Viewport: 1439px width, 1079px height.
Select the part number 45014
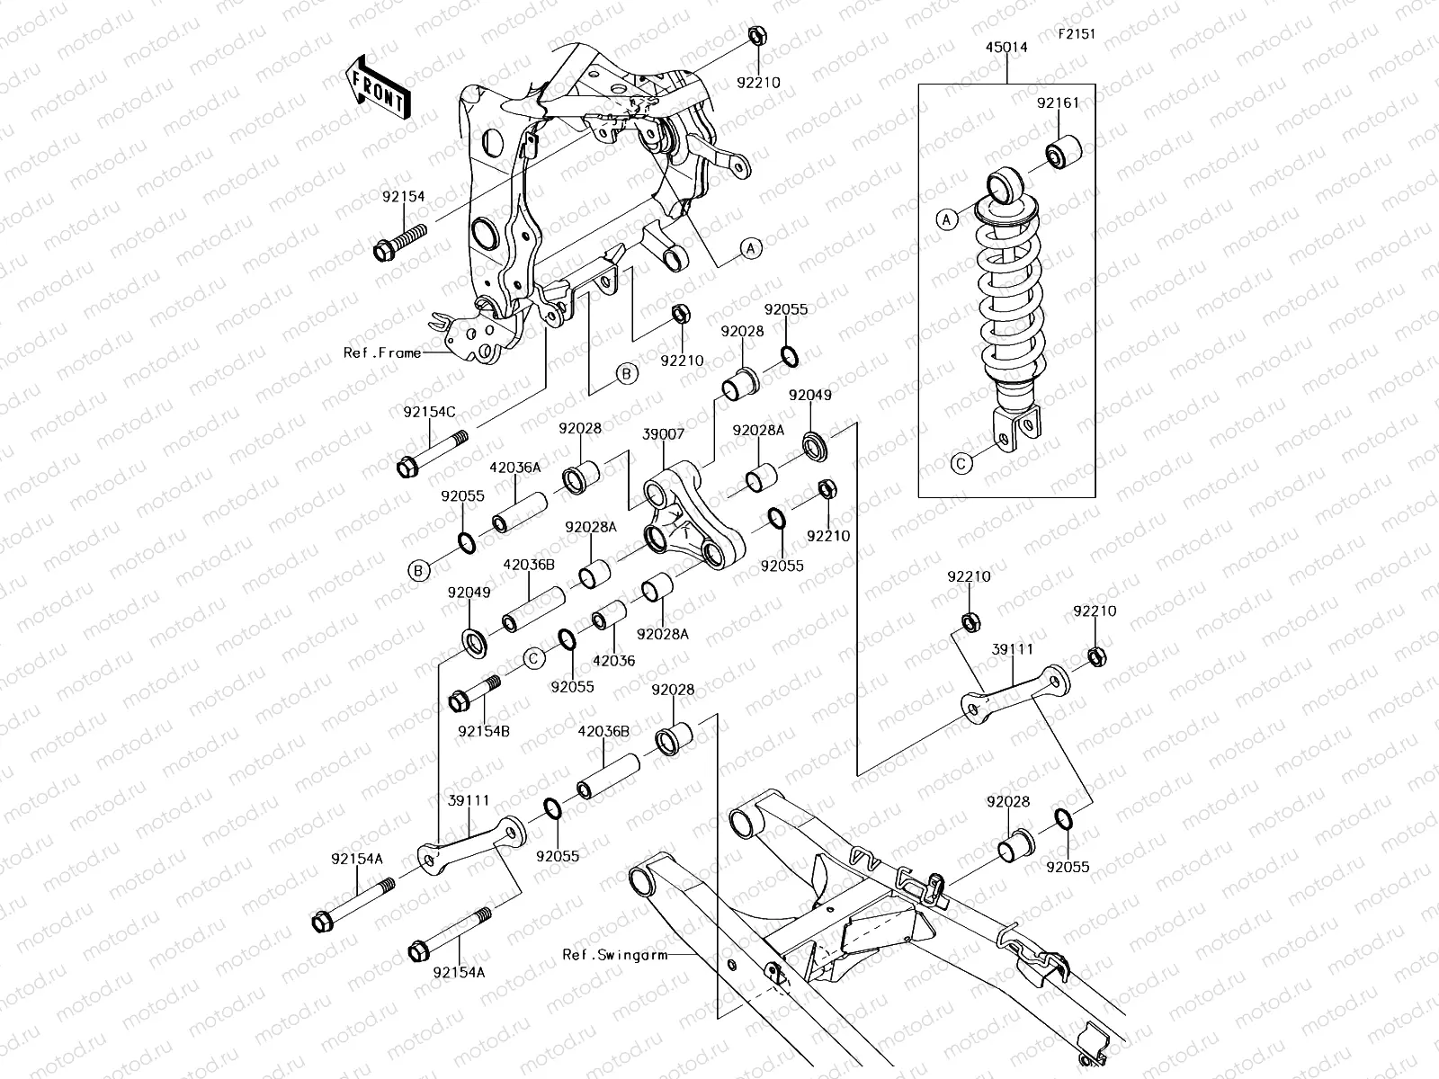point(1007,48)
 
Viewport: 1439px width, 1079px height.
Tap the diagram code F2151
point(1077,34)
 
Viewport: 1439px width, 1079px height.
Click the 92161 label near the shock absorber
point(1058,103)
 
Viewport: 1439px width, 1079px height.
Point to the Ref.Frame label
point(382,352)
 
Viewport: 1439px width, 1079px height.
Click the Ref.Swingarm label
point(615,955)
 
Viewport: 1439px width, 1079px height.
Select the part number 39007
point(664,433)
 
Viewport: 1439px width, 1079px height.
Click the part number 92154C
point(429,412)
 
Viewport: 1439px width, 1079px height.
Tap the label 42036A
point(515,467)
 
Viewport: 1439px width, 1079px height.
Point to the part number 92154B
point(483,731)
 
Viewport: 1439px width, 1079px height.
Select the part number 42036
point(613,660)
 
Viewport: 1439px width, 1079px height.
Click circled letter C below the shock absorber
point(961,464)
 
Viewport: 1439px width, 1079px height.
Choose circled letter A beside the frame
point(751,249)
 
